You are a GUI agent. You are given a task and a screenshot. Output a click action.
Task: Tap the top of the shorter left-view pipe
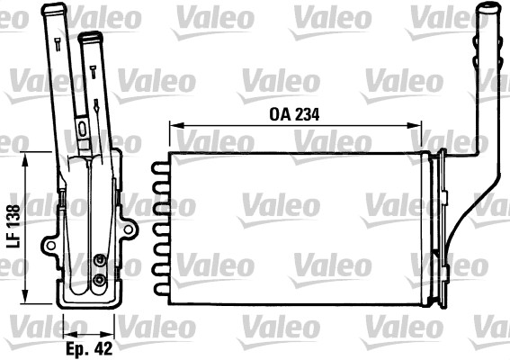tap(88, 38)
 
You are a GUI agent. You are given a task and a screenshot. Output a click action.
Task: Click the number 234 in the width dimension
tap(308, 115)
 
